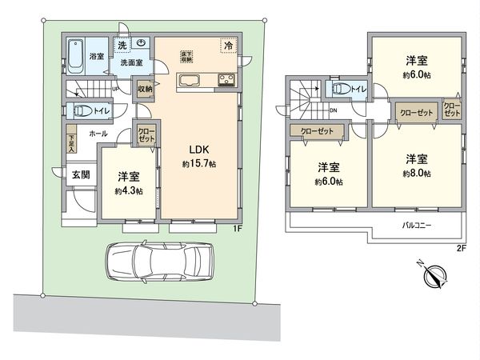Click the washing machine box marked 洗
pos(122,45)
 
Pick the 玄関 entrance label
pos(80,175)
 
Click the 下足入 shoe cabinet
pos(70,142)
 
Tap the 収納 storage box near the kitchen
pos(145,89)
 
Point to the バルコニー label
pos(417,226)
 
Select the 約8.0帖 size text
pos(417,173)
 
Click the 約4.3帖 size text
pos(128,191)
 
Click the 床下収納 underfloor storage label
pos(186,53)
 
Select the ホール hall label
pos(99,134)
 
